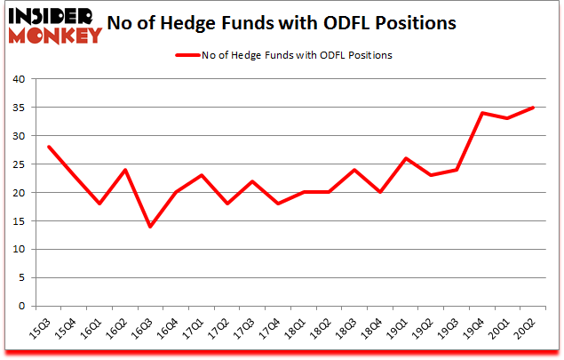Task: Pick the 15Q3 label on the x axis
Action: [x=43, y=330]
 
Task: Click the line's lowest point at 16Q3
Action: [x=150, y=227]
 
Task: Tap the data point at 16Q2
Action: [x=125, y=170]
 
